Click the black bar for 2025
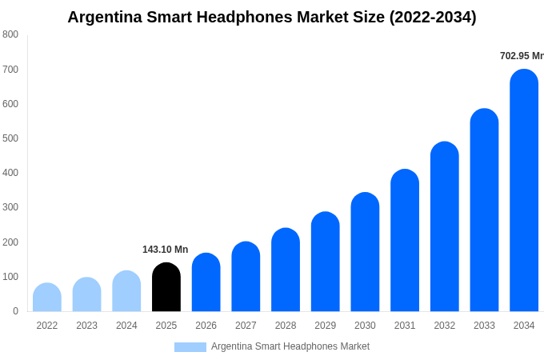[x=166, y=287]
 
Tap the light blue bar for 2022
[x=47, y=298]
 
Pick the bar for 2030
[x=365, y=252]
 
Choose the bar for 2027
[x=246, y=277]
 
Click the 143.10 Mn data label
[x=165, y=250]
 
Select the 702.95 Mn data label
[x=521, y=56]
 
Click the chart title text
[x=272, y=17]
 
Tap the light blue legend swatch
[x=190, y=346]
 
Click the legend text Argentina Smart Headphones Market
[x=290, y=346]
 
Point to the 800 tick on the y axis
[x=10, y=34]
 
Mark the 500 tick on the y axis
[x=10, y=138]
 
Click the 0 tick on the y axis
[x=15, y=311]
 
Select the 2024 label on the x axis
[x=126, y=326]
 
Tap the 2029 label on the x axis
[x=325, y=326]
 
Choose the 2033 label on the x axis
[x=484, y=326]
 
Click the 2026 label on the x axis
[x=206, y=326]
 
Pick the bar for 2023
[x=87, y=294]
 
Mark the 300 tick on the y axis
[x=10, y=207]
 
